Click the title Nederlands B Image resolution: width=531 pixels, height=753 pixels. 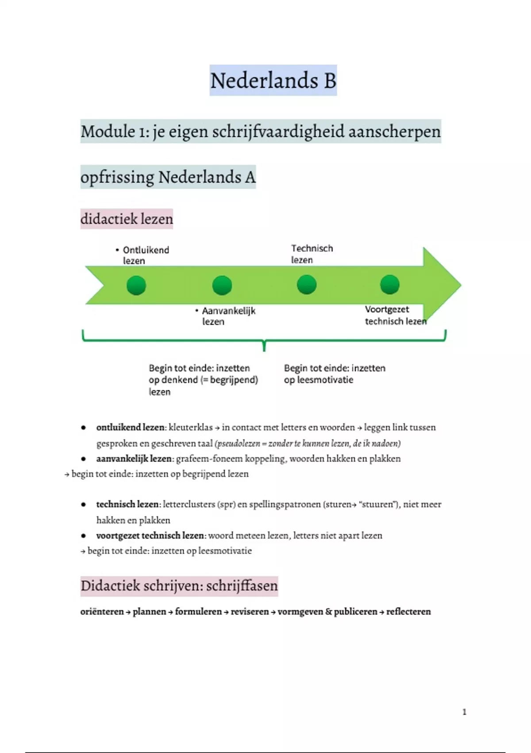pyautogui.click(x=273, y=81)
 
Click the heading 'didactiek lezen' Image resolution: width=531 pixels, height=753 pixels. pyautogui.click(x=127, y=219)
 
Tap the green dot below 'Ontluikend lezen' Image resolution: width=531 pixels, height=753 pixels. pyautogui.click(x=136, y=285)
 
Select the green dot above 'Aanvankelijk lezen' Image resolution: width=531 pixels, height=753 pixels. pyautogui.click(x=222, y=285)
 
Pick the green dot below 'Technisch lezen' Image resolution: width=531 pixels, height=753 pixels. pyautogui.click(x=307, y=284)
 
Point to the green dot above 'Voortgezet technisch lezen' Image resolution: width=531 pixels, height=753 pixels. pyautogui.click(x=389, y=284)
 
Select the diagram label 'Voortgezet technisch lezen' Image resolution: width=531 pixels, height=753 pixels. pyautogui.click(x=395, y=315)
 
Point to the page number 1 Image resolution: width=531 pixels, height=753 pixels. pyautogui.click(x=464, y=712)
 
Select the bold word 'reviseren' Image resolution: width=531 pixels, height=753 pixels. pyautogui.click(x=250, y=612)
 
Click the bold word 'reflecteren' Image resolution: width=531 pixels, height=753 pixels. pyautogui.click(x=408, y=612)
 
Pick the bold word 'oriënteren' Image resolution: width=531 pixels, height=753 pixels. pyautogui.click(x=102, y=612)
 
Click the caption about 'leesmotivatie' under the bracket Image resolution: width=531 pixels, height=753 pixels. pyautogui.click(x=334, y=374)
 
